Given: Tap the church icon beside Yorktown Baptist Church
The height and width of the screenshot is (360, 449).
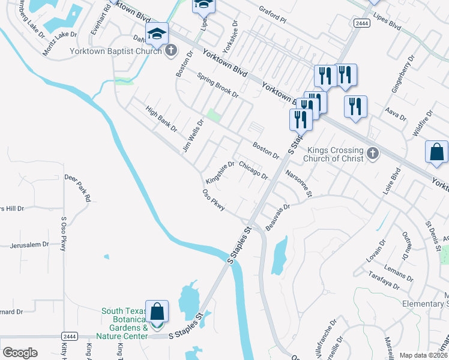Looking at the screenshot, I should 171,50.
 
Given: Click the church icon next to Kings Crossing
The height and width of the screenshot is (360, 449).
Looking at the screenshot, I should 372,154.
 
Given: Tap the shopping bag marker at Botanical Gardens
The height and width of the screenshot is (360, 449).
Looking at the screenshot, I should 157,313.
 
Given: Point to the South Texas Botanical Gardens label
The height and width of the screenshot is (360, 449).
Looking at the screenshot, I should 124,323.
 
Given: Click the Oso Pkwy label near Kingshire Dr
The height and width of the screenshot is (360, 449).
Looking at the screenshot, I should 213,200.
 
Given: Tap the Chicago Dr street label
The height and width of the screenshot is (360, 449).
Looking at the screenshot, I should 253,170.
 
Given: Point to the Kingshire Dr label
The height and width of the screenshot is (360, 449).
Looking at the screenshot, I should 219,173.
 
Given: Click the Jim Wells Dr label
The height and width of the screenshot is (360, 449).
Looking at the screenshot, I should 193,135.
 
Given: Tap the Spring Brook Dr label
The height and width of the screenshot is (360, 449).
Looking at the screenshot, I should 218,86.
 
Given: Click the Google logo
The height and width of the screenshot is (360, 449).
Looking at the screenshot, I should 20,353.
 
